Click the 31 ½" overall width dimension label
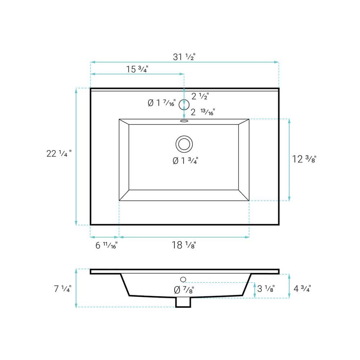[184, 57]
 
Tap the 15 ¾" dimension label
[137, 69]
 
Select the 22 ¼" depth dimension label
[59, 153]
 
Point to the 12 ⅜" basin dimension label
[304, 159]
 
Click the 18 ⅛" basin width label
[184, 245]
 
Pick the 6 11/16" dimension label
[107, 245]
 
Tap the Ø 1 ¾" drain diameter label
[185, 161]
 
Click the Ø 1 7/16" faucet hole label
[162, 103]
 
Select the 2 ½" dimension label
[200, 96]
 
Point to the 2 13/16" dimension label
[203, 112]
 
